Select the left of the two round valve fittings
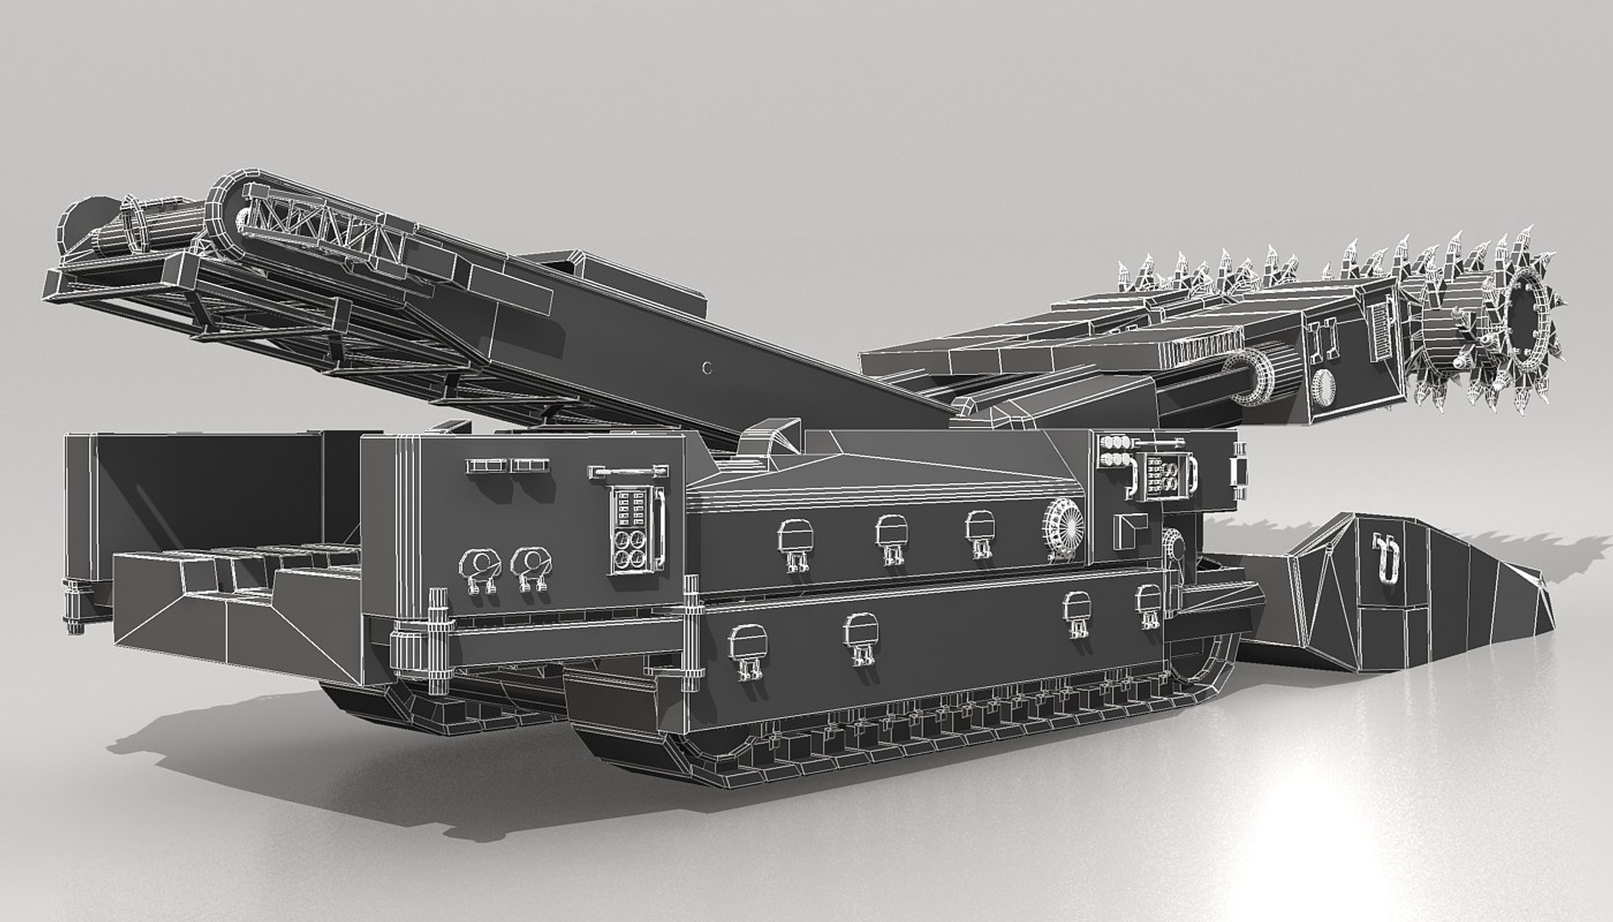[480, 564]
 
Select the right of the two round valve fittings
[530, 564]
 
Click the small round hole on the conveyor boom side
[705, 368]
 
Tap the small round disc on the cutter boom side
[1324, 386]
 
